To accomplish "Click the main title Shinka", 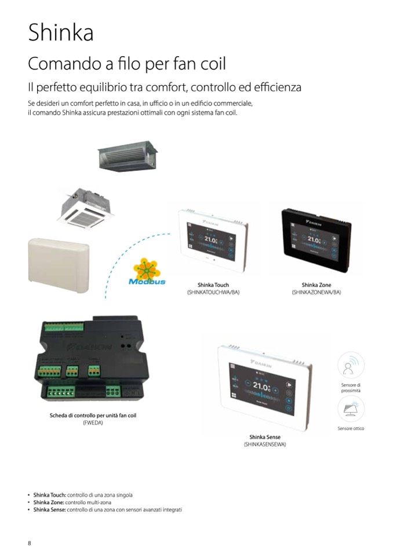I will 61,33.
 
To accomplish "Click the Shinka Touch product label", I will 213,285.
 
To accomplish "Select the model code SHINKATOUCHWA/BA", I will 213,292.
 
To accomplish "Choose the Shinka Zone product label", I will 316,285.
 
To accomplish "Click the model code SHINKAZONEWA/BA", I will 316,292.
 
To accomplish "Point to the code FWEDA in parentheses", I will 93,423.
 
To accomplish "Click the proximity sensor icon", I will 350,366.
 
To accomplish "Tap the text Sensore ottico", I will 351,428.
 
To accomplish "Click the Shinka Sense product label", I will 265,437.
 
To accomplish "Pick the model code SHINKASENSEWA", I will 265,444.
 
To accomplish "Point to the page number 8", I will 30,542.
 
